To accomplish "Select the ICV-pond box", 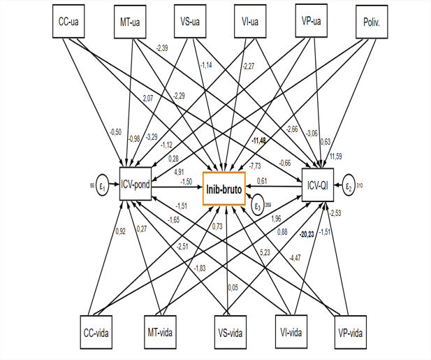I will coord(136,185).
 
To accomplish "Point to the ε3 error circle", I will coord(259,206).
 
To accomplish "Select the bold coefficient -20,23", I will coord(305,235).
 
